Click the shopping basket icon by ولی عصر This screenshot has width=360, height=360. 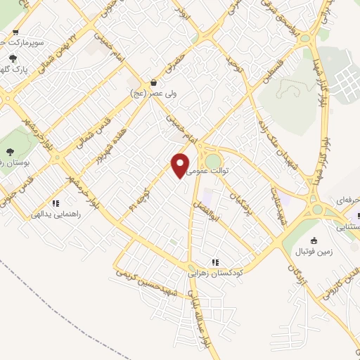click(154, 82)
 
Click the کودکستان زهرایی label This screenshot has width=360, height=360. click(214, 271)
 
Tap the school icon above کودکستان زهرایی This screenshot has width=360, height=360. click(214, 260)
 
